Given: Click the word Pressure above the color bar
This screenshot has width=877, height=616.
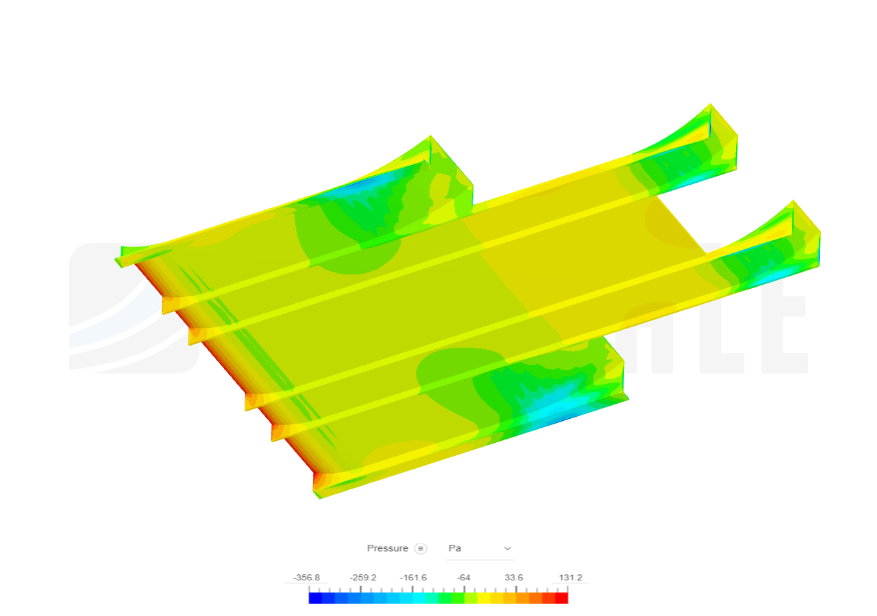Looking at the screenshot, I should pyautogui.click(x=387, y=548).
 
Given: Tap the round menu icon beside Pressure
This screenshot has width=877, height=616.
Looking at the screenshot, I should pyautogui.click(x=421, y=548).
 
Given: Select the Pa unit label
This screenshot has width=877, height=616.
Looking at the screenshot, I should pyautogui.click(x=454, y=548).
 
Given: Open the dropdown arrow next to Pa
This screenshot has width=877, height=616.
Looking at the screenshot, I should pyautogui.click(x=508, y=548).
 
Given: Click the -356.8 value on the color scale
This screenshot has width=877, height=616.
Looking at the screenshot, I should pyautogui.click(x=306, y=578).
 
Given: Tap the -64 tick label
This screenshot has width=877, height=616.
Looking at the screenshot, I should pyautogui.click(x=464, y=578).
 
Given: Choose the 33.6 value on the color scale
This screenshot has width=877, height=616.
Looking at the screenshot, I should pyautogui.click(x=514, y=578).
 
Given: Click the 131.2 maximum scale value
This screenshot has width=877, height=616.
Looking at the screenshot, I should pyautogui.click(x=570, y=578).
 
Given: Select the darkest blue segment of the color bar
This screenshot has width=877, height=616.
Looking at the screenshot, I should pyautogui.click(x=315, y=598).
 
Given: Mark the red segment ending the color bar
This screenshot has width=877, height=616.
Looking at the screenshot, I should pyautogui.click(x=561, y=598).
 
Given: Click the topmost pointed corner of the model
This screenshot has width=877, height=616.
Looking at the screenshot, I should pyautogui.click(x=711, y=104).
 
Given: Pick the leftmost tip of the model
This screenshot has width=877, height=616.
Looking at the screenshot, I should pyautogui.click(x=116, y=260).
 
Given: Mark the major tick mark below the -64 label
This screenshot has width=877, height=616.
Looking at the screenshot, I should pyautogui.click(x=464, y=589).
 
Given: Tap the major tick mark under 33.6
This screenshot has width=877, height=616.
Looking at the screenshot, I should pyautogui.click(x=516, y=589).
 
